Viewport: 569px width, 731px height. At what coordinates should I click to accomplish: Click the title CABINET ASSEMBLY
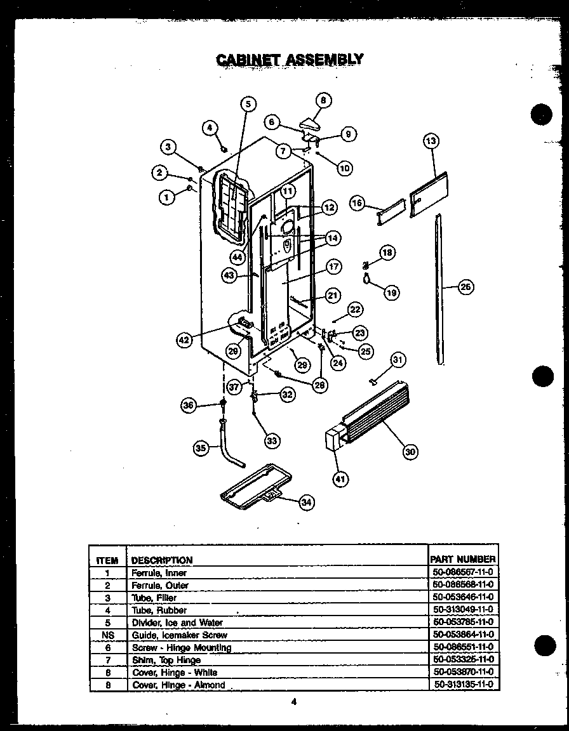click(x=290, y=60)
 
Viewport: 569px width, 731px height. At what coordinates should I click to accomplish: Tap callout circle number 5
click(x=248, y=104)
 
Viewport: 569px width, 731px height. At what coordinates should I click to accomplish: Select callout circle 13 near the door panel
click(x=431, y=141)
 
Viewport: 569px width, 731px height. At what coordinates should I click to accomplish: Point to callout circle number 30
click(x=410, y=451)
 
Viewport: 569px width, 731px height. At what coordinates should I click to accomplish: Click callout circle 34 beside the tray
click(x=306, y=503)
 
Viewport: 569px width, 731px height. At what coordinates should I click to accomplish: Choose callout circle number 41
click(x=341, y=479)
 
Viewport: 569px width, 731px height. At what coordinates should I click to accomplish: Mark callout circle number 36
click(x=189, y=406)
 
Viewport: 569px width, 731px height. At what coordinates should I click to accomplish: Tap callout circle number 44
click(x=238, y=257)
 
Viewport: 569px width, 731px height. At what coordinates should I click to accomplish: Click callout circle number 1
click(x=167, y=197)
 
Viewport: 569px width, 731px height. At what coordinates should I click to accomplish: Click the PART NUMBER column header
click(x=462, y=559)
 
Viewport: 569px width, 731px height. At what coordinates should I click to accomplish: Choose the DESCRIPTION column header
click(x=161, y=560)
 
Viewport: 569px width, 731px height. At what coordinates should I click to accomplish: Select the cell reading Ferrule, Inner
click(x=150, y=572)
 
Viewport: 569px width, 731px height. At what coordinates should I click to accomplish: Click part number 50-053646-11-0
click(x=462, y=597)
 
